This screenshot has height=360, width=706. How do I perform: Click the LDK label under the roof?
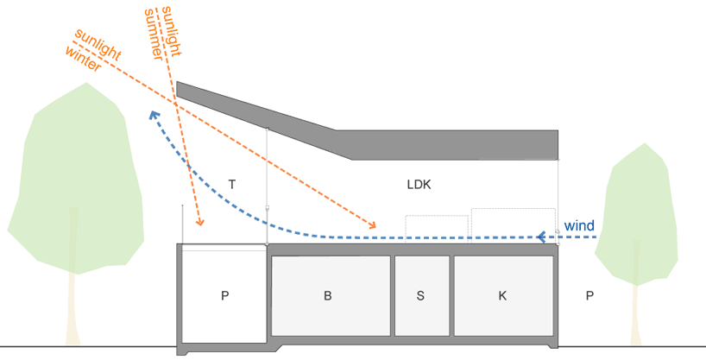(419, 185)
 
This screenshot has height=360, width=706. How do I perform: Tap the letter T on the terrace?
(232, 184)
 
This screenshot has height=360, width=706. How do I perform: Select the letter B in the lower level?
(328, 295)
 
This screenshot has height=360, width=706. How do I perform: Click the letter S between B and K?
(420, 295)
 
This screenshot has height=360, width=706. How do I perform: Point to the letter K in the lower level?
(502, 295)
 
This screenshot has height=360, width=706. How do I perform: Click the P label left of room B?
(224, 295)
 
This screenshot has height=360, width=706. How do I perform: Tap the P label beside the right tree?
(589, 295)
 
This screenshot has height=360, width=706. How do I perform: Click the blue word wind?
(579, 226)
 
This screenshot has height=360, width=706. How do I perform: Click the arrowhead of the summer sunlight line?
(199, 223)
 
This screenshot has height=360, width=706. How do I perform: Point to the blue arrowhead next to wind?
(541, 236)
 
